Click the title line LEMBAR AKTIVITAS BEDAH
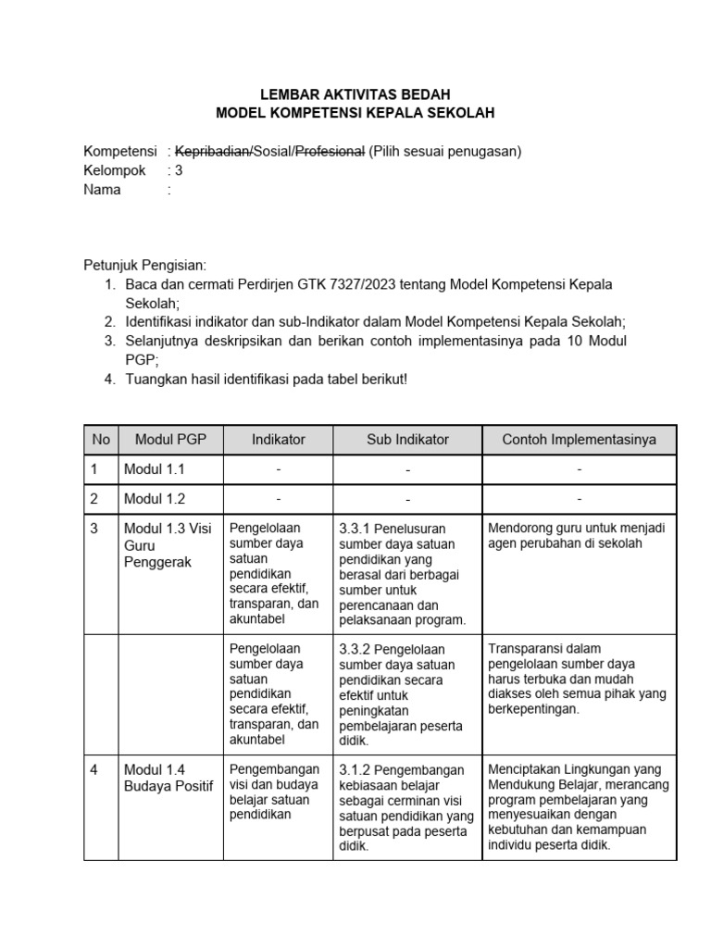(x=355, y=94)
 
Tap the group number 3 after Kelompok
(x=179, y=171)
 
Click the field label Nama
(x=103, y=191)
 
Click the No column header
(x=100, y=440)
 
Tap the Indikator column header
(x=278, y=440)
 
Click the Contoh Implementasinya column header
(x=579, y=440)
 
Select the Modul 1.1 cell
(x=155, y=469)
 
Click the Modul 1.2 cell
(x=155, y=499)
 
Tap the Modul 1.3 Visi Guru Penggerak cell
(x=168, y=545)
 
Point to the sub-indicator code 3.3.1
(x=355, y=529)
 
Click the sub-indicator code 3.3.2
(x=355, y=649)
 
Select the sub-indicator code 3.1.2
(x=355, y=769)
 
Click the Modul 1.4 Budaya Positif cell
(x=168, y=778)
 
